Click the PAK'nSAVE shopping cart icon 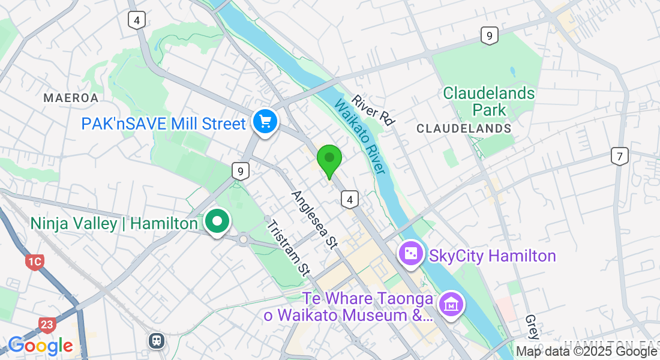point(265,122)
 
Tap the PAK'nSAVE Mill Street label point(164,124)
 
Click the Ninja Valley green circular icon point(217,222)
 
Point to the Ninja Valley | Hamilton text point(114,224)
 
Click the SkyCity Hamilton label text point(492,256)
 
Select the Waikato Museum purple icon point(451,305)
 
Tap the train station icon point(157,340)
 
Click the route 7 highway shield point(620,157)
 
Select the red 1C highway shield point(35,262)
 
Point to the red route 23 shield point(48,325)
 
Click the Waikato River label point(359,137)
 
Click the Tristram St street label point(287,248)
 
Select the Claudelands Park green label point(489,101)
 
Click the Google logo point(40,346)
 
